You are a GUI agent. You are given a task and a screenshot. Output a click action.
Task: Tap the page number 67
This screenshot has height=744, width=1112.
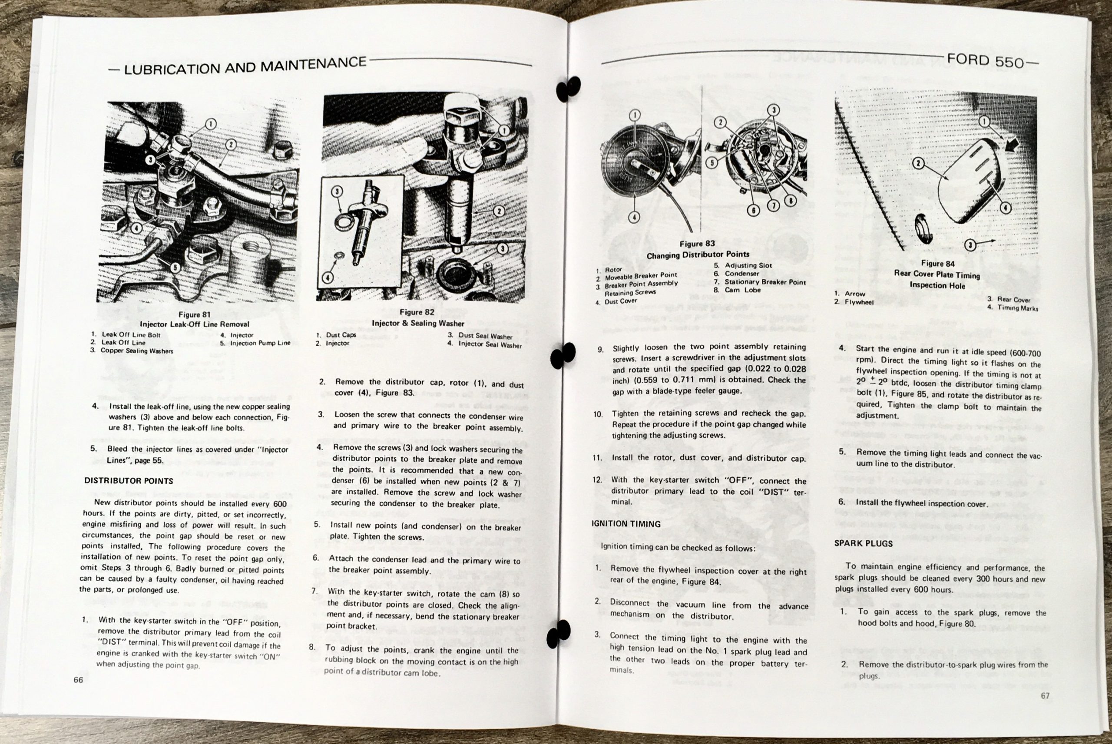click(1046, 696)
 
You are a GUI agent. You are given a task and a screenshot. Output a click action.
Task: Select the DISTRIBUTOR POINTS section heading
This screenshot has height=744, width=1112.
click(129, 481)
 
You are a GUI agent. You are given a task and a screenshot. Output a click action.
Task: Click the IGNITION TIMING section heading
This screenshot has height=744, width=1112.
click(626, 524)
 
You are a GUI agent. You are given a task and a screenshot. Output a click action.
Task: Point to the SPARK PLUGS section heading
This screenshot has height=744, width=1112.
click(864, 544)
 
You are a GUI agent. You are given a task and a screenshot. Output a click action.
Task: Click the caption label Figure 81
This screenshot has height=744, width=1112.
click(195, 314)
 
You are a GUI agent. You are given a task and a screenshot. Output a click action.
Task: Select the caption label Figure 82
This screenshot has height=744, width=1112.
click(417, 312)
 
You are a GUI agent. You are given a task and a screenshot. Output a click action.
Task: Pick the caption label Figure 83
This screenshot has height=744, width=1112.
click(697, 244)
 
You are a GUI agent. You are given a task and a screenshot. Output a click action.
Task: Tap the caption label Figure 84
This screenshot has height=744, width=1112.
click(937, 263)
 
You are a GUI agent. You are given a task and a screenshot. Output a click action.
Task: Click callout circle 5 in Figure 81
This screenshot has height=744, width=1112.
click(175, 268)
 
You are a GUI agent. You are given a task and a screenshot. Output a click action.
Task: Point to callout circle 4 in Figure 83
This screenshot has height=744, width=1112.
click(635, 217)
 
